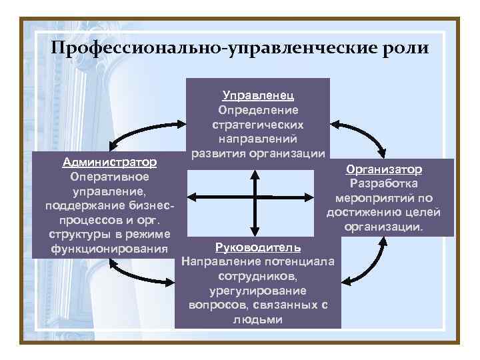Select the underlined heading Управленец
point(257,95)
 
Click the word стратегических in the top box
point(258,125)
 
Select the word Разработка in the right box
point(384,183)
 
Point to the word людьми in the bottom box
point(258,319)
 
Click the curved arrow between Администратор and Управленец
point(143,131)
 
